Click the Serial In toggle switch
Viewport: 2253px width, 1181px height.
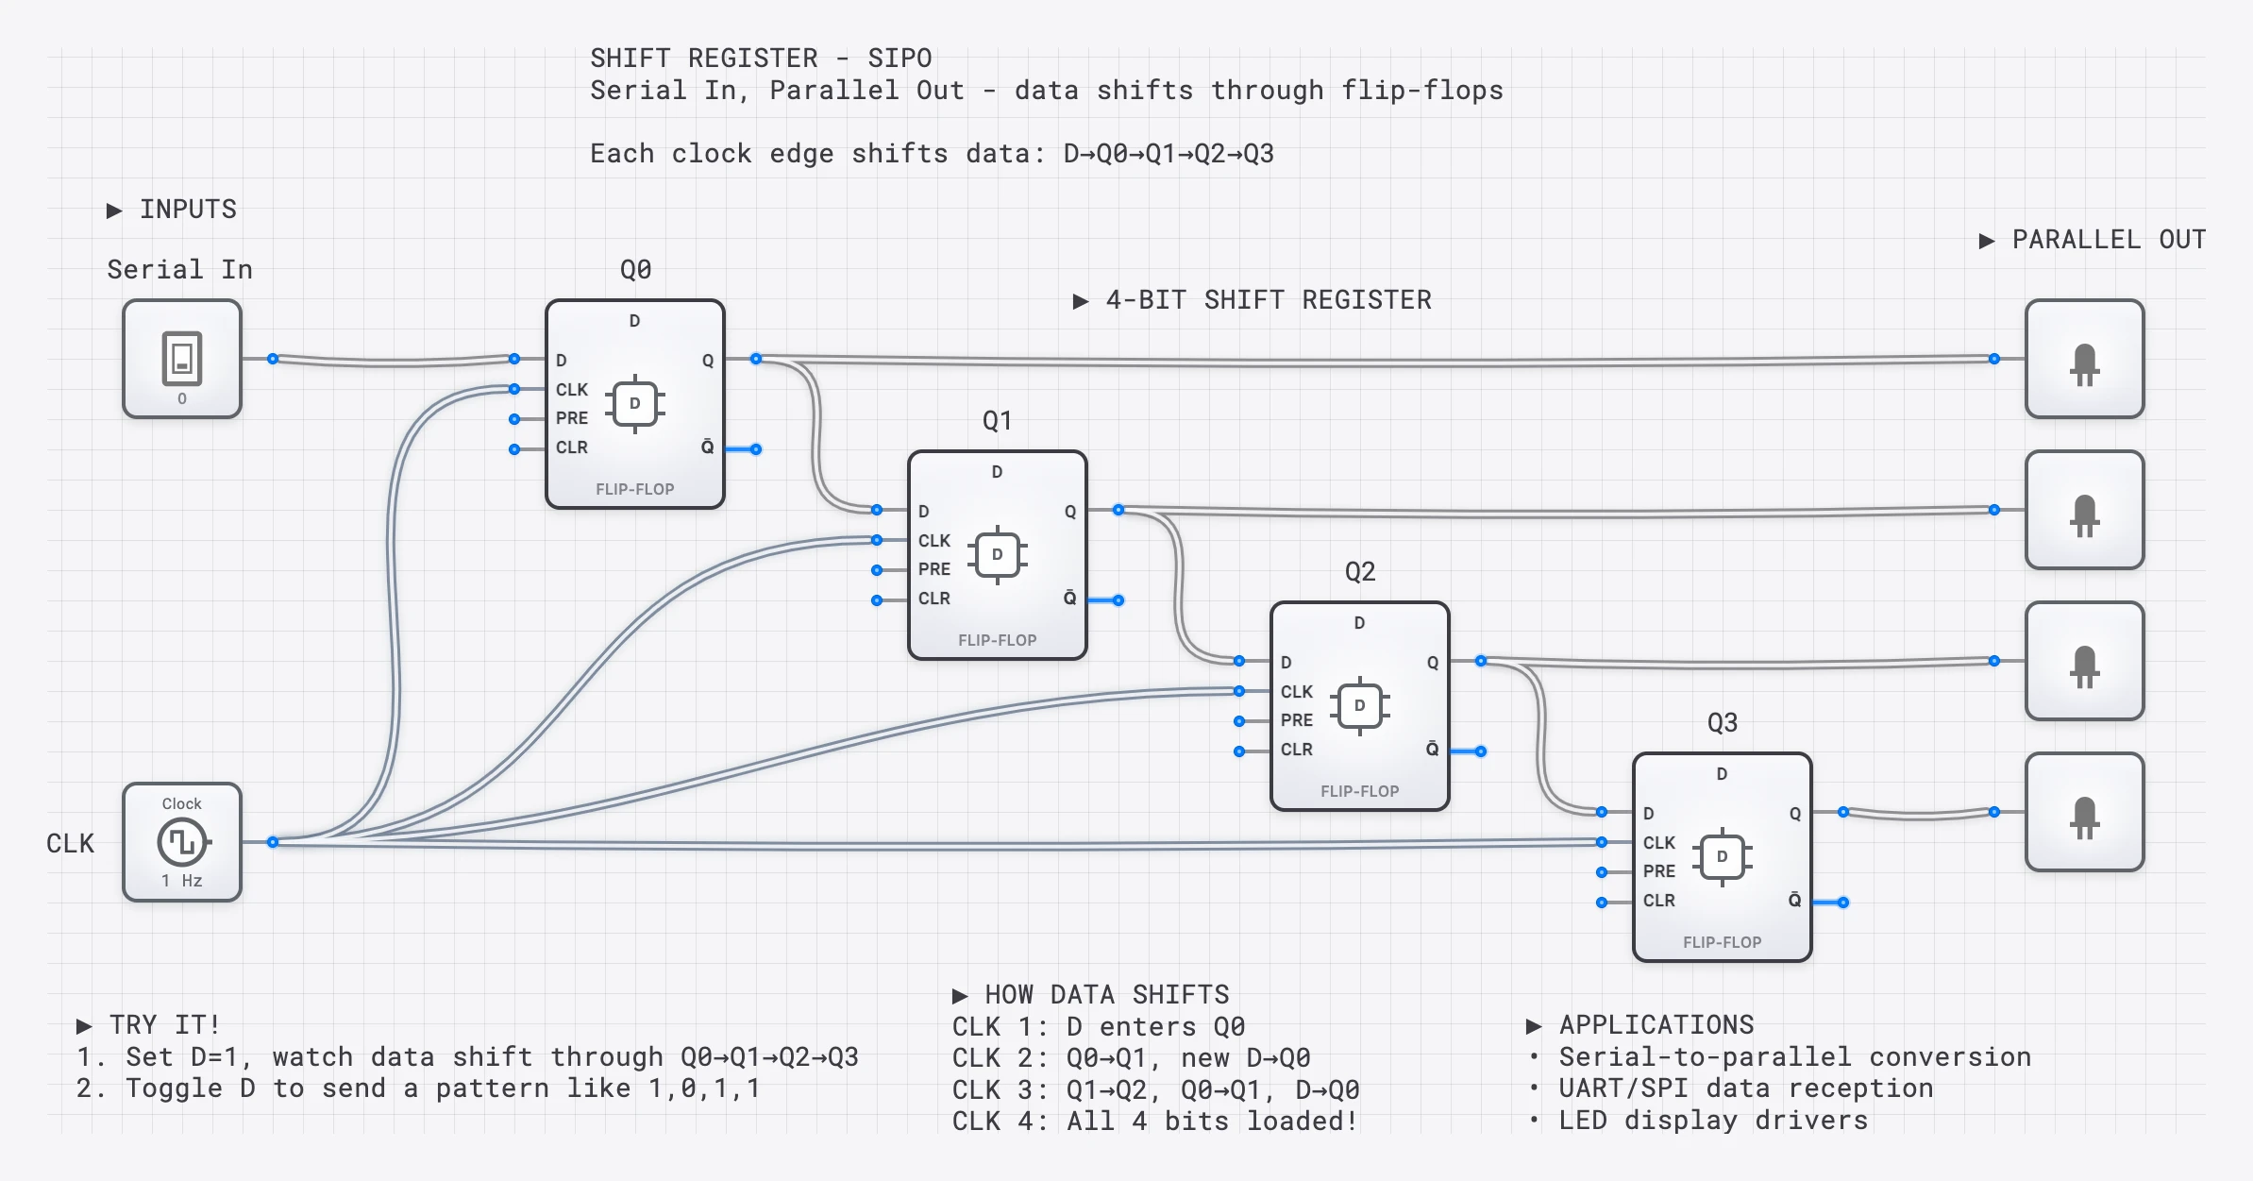point(182,358)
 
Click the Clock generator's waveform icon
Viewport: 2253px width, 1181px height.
point(182,841)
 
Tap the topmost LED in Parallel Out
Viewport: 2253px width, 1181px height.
point(2084,360)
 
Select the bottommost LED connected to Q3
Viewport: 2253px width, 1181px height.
point(2084,813)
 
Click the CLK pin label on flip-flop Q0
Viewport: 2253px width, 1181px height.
point(571,389)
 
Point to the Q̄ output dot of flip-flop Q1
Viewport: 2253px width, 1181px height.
point(1118,600)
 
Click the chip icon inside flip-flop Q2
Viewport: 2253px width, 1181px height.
point(1359,705)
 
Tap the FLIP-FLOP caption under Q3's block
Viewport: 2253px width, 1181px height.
point(1722,942)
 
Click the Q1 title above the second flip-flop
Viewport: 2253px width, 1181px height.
point(997,421)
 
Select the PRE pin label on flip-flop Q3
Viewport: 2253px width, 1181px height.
point(1658,871)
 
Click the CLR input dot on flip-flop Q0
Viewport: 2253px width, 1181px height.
point(514,449)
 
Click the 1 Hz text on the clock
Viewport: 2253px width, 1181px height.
point(181,881)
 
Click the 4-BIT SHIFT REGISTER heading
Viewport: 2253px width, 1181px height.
point(1268,300)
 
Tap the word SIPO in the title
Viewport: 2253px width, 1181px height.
point(900,59)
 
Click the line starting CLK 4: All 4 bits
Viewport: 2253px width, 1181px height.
point(1154,1122)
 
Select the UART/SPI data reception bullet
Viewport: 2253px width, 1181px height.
point(1744,1088)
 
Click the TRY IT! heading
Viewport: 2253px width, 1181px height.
point(164,1025)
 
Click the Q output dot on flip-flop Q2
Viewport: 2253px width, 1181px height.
point(1481,661)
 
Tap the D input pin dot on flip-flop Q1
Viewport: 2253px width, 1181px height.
point(877,510)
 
